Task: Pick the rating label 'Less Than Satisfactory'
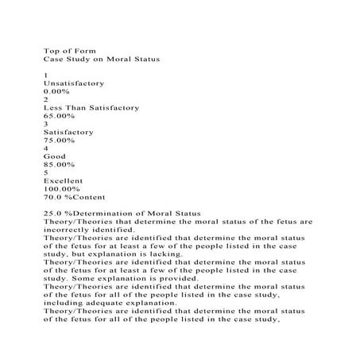click(x=91, y=107)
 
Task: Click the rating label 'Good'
click(x=55, y=157)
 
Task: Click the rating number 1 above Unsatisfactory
click(x=46, y=75)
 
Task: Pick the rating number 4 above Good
click(x=46, y=148)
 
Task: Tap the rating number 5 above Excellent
click(x=46, y=172)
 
